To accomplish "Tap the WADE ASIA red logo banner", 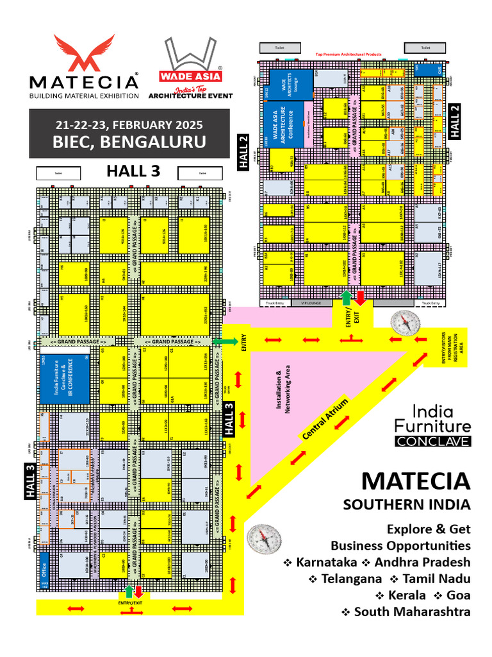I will pos(191,74).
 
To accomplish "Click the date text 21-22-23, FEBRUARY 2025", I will pos(130,124).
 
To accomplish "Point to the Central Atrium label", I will pos(325,419).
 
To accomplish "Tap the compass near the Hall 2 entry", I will pos(403,323).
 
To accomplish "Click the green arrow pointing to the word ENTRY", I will pos(224,341).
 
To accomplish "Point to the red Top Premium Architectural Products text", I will pos(348,55).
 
